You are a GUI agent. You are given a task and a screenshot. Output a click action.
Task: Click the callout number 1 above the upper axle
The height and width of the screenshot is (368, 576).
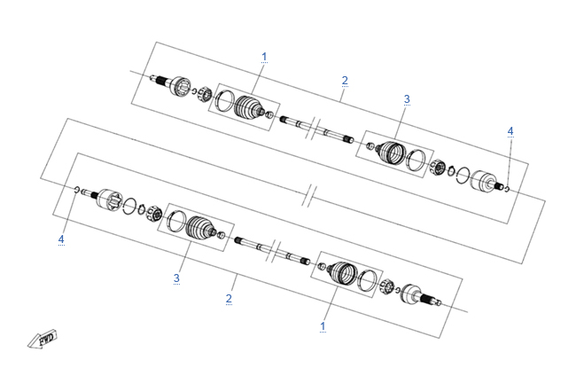point(264,57)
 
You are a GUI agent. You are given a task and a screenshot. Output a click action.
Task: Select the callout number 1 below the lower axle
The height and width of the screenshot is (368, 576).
point(323,326)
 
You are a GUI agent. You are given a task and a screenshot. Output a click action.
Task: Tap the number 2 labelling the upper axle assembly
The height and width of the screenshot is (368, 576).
point(344,81)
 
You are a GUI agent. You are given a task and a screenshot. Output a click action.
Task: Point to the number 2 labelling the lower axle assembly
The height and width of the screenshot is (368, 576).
point(229,298)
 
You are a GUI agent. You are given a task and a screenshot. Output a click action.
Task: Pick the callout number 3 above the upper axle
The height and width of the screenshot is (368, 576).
point(407,99)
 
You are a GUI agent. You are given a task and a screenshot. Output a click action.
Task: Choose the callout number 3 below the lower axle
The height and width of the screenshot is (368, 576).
point(176,278)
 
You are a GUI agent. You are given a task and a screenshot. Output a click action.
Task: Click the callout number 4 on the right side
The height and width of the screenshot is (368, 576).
point(510,131)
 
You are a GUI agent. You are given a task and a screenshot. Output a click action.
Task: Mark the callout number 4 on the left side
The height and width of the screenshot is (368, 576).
point(61,239)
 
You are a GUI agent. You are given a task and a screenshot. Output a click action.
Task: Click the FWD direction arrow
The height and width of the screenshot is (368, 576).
point(43,339)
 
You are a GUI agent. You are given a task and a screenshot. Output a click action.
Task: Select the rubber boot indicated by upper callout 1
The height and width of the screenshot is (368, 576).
point(248,107)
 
